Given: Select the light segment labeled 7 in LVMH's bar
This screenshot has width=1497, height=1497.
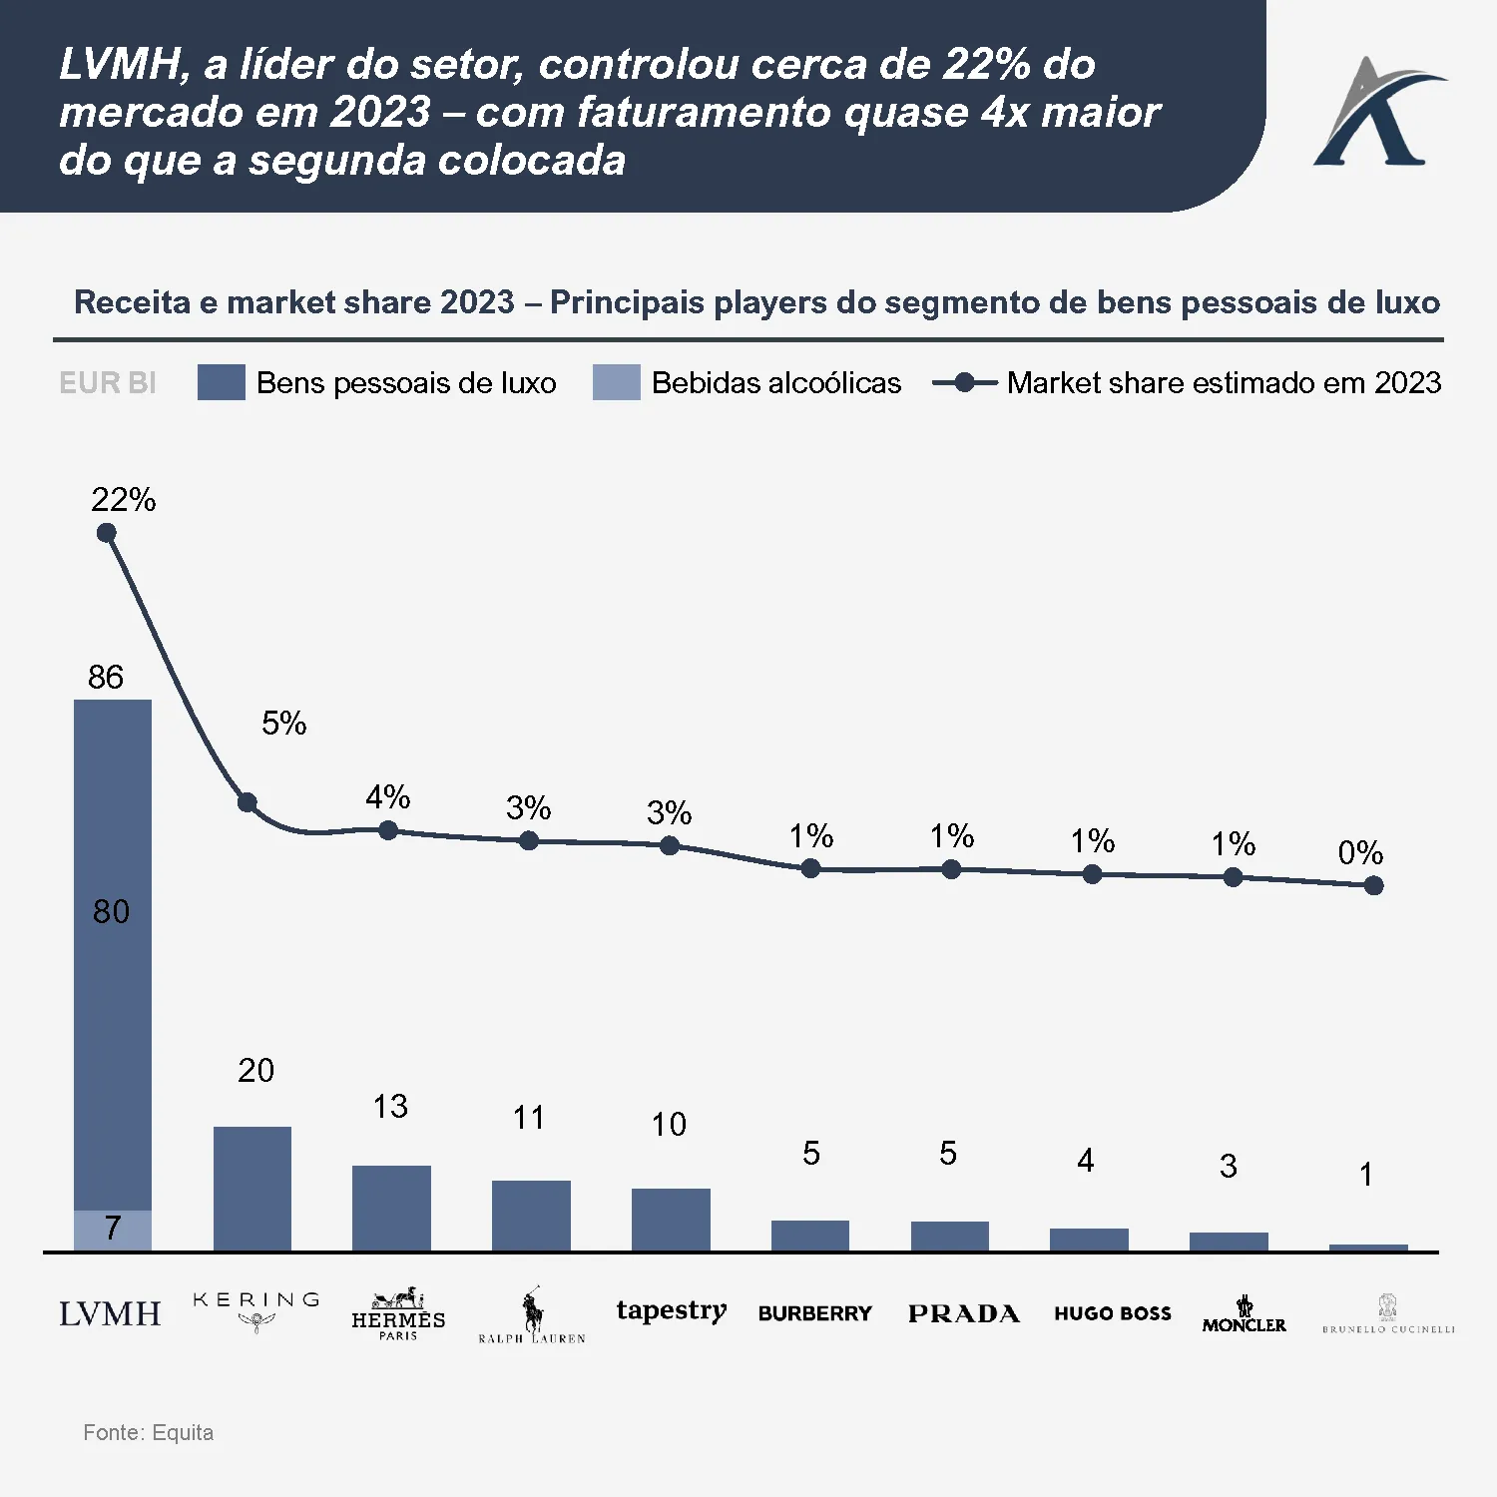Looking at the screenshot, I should pyautogui.click(x=113, y=1230).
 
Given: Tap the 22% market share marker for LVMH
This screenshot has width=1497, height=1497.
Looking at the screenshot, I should pyautogui.click(x=107, y=533).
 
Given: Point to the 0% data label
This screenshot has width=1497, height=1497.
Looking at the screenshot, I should pyautogui.click(x=1360, y=853).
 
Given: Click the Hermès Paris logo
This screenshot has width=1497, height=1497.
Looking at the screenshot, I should pyautogui.click(x=398, y=1313).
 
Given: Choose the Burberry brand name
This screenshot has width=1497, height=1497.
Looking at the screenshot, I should pyautogui.click(x=814, y=1313).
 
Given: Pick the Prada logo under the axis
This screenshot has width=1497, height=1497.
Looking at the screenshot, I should pyautogui.click(x=963, y=1313).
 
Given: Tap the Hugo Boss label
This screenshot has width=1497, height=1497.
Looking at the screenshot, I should pyautogui.click(x=1113, y=1313).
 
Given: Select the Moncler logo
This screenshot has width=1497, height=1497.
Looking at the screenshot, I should pyautogui.click(x=1244, y=1314).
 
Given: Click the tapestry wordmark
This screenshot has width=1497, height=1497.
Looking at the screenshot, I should pyautogui.click(x=671, y=1310).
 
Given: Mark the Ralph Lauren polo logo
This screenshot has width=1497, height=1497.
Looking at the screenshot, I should pyautogui.click(x=532, y=1315).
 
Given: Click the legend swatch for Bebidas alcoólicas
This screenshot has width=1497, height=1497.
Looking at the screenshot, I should pyautogui.click(x=616, y=382).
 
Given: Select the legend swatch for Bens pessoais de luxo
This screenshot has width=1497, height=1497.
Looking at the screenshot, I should pyautogui.click(x=221, y=382).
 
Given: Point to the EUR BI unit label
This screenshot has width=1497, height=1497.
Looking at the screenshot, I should pyautogui.click(x=108, y=383).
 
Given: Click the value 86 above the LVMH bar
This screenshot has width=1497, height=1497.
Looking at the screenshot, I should pyautogui.click(x=106, y=678).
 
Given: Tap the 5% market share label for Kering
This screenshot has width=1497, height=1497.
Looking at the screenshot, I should pyautogui.click(x=283, y=724).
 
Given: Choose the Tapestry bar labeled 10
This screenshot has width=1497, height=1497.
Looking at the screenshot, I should pyautogui.click(x=671, y=1219).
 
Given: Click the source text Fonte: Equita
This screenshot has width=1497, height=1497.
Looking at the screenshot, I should pyautogui.click(x=148, y=1433).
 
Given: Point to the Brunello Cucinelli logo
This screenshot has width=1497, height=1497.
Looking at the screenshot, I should pyautogui.click(x=1388, y=1314).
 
